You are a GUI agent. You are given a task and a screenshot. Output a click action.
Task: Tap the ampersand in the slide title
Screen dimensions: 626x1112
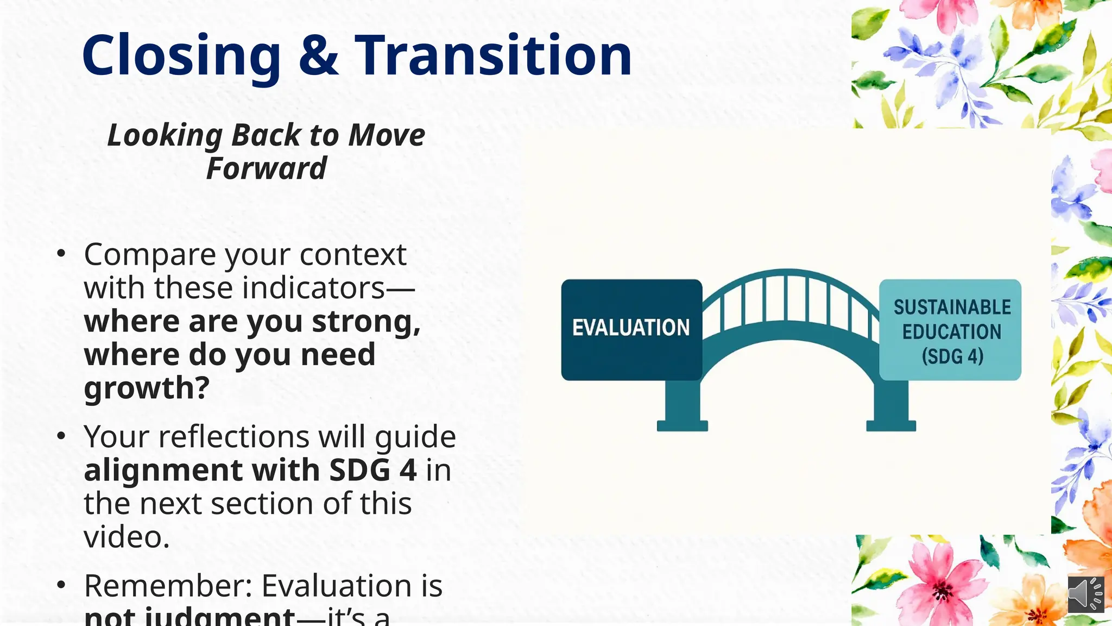click(x=318, y=55)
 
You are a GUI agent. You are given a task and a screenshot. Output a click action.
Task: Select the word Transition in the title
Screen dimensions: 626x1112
click(x=493, y=55)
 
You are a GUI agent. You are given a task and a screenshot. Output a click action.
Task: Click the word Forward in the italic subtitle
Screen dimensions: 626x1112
click(x=266, y=168)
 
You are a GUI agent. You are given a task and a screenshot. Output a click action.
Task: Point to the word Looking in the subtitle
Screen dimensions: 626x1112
click(x=165, y=135)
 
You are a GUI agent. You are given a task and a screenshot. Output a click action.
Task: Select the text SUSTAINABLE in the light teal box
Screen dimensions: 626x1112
click(x=952, y=308)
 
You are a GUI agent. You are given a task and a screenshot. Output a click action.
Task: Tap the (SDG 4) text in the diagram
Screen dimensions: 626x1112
click(x=952, y=356)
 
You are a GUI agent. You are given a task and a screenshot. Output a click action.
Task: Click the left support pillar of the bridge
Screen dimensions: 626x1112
click(x=682, y=405)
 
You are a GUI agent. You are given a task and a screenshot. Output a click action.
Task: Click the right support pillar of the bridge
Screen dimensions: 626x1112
click(x=891, y=405)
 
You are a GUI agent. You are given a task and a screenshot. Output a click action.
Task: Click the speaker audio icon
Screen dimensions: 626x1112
click(x=1085, y=594)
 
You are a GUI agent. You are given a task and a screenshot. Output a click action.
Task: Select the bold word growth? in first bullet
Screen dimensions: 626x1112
click(x=147, y=388)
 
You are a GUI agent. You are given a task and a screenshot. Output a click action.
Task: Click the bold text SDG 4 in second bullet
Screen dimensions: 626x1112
click(x=372, y=470)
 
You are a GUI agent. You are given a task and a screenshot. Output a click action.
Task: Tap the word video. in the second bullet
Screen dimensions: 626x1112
click(x=127, y=537)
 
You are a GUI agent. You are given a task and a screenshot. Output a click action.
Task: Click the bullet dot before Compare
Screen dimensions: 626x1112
click(x=61, y=254)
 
